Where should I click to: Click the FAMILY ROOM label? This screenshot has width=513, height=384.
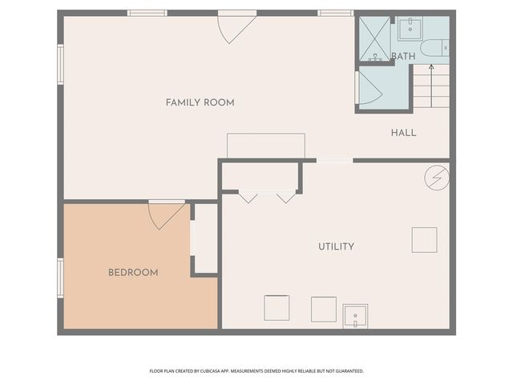pyautogui.click(x=200, y=102)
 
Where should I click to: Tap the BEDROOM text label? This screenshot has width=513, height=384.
pyautogui.click(x=133, y=273)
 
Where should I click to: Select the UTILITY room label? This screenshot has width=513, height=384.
pyautogui.click(x=336, y=246)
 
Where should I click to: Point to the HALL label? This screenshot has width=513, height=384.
pyautogui.click(x=403, y=133)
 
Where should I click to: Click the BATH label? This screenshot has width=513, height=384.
pyautogui.click(x=403, y=56)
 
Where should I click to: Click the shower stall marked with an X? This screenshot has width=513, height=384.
pyautogui.click(x=374, y=38)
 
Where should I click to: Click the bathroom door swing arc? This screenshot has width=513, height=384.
pyautogui.click(x=370, y=88)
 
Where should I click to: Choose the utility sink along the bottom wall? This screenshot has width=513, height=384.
pyautogui.click(x=355, y=316)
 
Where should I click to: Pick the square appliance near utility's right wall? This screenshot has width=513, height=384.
pyautogui.click(x=424, y=240)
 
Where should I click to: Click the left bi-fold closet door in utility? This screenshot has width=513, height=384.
pyautogui.click(x=248, y=196)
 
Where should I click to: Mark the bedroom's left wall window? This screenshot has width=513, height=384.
pyautogui.click(x=60, y=278)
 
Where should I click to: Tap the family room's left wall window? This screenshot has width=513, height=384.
pyautogui.click(x=60, y=64)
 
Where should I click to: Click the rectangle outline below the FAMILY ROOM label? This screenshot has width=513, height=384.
pyautogui.click(x=266, y=146)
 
